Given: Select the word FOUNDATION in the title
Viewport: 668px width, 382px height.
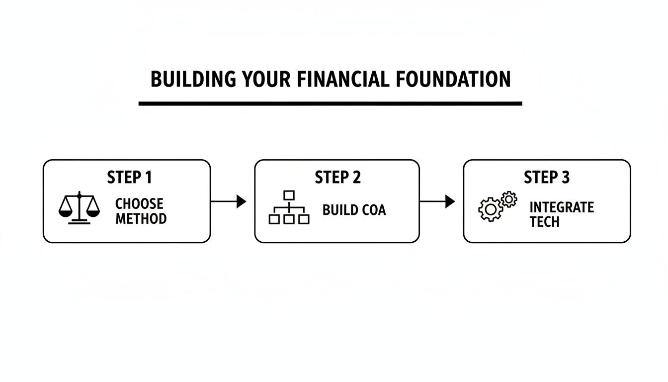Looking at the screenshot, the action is click(454, 80).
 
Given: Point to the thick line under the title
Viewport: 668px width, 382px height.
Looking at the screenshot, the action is click(330, 103).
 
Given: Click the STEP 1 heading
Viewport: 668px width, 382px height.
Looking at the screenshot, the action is click(129, 177).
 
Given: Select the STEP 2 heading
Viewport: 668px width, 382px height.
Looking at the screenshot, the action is click(337, 177).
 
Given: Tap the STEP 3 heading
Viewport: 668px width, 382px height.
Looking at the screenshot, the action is click(546, 177).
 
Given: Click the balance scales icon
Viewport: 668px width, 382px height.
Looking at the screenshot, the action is click(79, 208).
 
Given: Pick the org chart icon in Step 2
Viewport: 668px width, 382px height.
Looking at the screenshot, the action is click(289, 207).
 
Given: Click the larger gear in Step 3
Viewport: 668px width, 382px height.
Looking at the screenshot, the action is click(490, 209).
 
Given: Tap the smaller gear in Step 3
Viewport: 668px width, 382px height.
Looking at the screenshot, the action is click(508, 199).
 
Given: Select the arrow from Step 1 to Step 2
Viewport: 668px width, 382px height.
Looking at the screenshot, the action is click(229, 201).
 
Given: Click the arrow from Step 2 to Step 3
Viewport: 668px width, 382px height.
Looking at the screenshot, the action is click(437, 201).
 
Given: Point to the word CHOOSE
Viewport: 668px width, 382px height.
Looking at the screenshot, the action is click(139, 204).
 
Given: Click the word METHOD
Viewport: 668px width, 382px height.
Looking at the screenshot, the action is click(141, 218).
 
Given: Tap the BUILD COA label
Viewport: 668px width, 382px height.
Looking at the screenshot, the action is click(354, 210).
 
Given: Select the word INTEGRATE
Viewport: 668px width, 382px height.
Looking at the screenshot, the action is click(562, 207).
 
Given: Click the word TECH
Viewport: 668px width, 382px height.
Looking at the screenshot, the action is click(545, 222).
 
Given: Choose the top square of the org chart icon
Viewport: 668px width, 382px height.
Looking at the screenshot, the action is click(289, 195).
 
